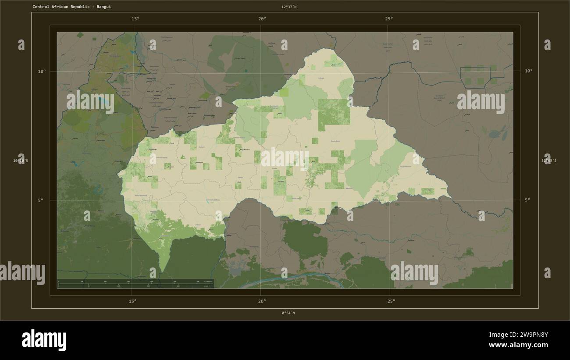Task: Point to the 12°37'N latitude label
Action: [x=289, y=7]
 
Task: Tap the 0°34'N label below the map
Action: [x=288, y=313]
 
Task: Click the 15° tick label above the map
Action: [x=135, y=18]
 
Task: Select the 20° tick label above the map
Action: [x=262, y=18]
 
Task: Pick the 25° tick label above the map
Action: [x=389, y=18]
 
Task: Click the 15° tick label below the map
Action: [x=132, y=301]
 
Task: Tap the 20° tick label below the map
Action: [x=262, y=301]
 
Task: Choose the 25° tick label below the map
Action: [x=391, y=301]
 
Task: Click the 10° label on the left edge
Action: [x=41, y=71]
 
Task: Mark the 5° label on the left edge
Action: [x=41, y=200]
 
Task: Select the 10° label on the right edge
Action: [x=528, y=71]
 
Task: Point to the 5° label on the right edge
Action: [x=527, y=200]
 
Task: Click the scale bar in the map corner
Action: [x=135, y=284]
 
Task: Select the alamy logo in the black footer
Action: [x=44, y=341]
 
